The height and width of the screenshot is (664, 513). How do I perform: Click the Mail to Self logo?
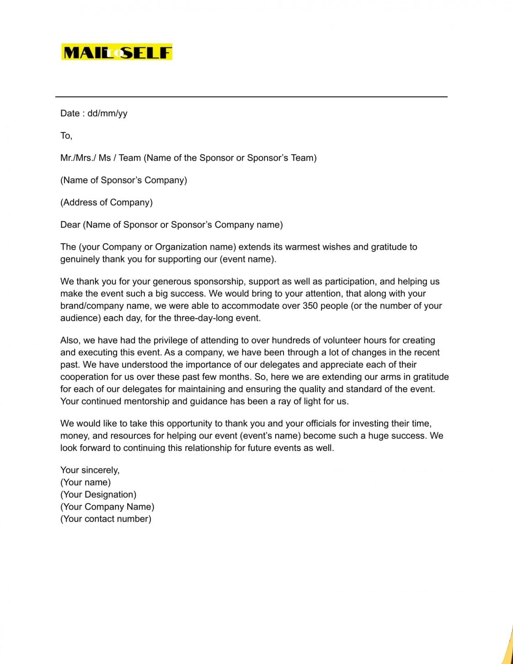point(117,53)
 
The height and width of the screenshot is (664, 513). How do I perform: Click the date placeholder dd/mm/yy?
point(107,113)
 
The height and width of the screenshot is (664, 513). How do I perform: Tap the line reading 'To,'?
point(66,136)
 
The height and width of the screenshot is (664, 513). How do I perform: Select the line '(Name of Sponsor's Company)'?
point(123,180)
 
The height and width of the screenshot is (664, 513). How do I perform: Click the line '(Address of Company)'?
point(106,203)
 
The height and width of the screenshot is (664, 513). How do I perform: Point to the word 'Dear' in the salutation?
point(70,225)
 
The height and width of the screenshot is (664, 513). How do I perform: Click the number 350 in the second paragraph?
point(310,306)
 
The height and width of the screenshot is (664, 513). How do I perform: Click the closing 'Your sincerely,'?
point(90,471)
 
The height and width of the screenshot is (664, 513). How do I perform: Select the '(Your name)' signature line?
point(85,482)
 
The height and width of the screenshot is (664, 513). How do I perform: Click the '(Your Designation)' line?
point(98,495)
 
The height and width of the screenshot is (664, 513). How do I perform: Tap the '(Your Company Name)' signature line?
point(107,507)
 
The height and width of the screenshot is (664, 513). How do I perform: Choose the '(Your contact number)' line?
point(106,519)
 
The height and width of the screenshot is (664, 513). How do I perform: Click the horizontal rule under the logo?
point(251,97)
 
